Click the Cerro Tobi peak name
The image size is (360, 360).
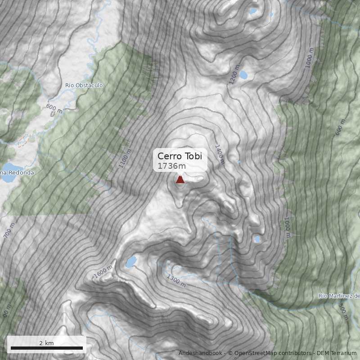180,156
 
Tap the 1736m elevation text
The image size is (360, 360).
171,166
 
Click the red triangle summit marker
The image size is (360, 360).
180,180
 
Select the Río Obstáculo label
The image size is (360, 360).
84,85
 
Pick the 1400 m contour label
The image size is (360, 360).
219,154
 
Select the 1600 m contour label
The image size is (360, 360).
103,272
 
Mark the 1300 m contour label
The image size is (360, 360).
176,280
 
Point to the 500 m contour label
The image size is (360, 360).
343,311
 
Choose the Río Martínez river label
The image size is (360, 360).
339,296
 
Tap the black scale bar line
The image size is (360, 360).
47,348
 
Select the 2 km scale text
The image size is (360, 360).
46,343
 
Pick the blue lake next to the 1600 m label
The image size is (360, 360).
131,261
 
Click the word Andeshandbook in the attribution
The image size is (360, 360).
201,353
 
